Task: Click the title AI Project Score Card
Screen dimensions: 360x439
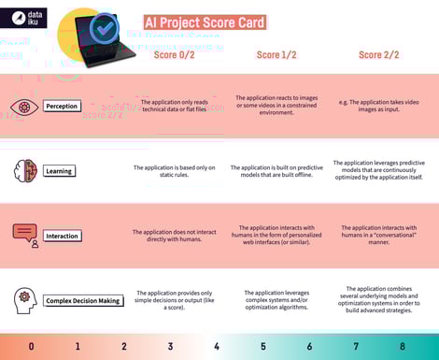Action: click(205, 22)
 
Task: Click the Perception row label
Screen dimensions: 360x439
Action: click(63, 106)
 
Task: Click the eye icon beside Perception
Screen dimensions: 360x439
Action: click(24, 106)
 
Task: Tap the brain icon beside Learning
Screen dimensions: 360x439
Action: click(24, 170)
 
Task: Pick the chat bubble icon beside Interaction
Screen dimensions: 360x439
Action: click(25, 235)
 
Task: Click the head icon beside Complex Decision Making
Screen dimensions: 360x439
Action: click(24, 299)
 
